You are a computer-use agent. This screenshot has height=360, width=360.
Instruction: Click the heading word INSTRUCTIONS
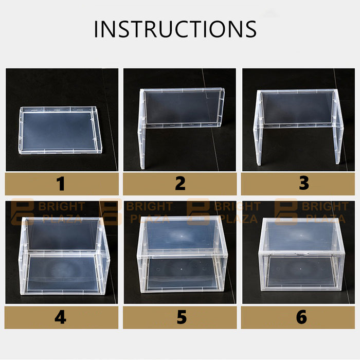(175, 29)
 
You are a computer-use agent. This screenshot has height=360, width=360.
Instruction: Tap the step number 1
(61, 184)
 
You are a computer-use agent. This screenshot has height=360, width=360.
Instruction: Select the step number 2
(180, 184)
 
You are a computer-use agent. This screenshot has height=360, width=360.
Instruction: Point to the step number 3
(304, 183)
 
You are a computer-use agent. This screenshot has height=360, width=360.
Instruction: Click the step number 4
(60, 317)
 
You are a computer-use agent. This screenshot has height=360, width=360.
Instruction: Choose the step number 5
(182, 317)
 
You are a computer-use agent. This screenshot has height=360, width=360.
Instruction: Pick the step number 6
(301, 317)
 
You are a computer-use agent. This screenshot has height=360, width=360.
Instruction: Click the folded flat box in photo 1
(60, 130)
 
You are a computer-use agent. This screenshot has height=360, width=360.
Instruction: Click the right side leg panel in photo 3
(337, 127)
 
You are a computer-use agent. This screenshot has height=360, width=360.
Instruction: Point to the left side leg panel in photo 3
(258, 128)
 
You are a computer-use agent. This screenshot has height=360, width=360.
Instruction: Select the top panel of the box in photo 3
(298, 108)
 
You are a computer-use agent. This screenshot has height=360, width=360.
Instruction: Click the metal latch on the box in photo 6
(301, 254)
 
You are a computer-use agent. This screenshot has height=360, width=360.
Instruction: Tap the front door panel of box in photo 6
(301, 272)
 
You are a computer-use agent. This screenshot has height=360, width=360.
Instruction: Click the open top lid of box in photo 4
(62, 235)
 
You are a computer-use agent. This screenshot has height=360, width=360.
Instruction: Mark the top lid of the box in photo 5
(182, 236)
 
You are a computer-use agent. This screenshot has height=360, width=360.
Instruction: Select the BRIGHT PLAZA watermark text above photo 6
(325, 212)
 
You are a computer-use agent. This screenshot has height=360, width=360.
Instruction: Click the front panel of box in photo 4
(62, 274)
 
